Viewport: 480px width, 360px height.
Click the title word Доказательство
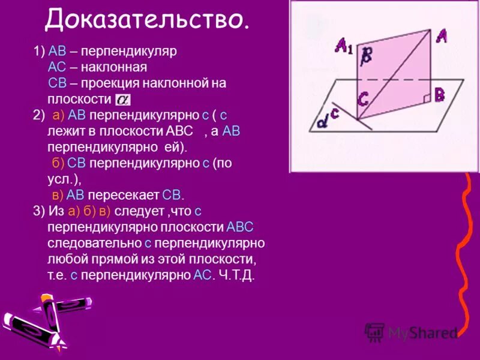147,20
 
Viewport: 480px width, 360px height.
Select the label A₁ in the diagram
344,46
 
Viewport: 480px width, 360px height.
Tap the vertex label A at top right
441,36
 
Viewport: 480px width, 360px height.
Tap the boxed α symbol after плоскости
122,99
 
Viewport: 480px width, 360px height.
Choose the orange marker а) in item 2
58,115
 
